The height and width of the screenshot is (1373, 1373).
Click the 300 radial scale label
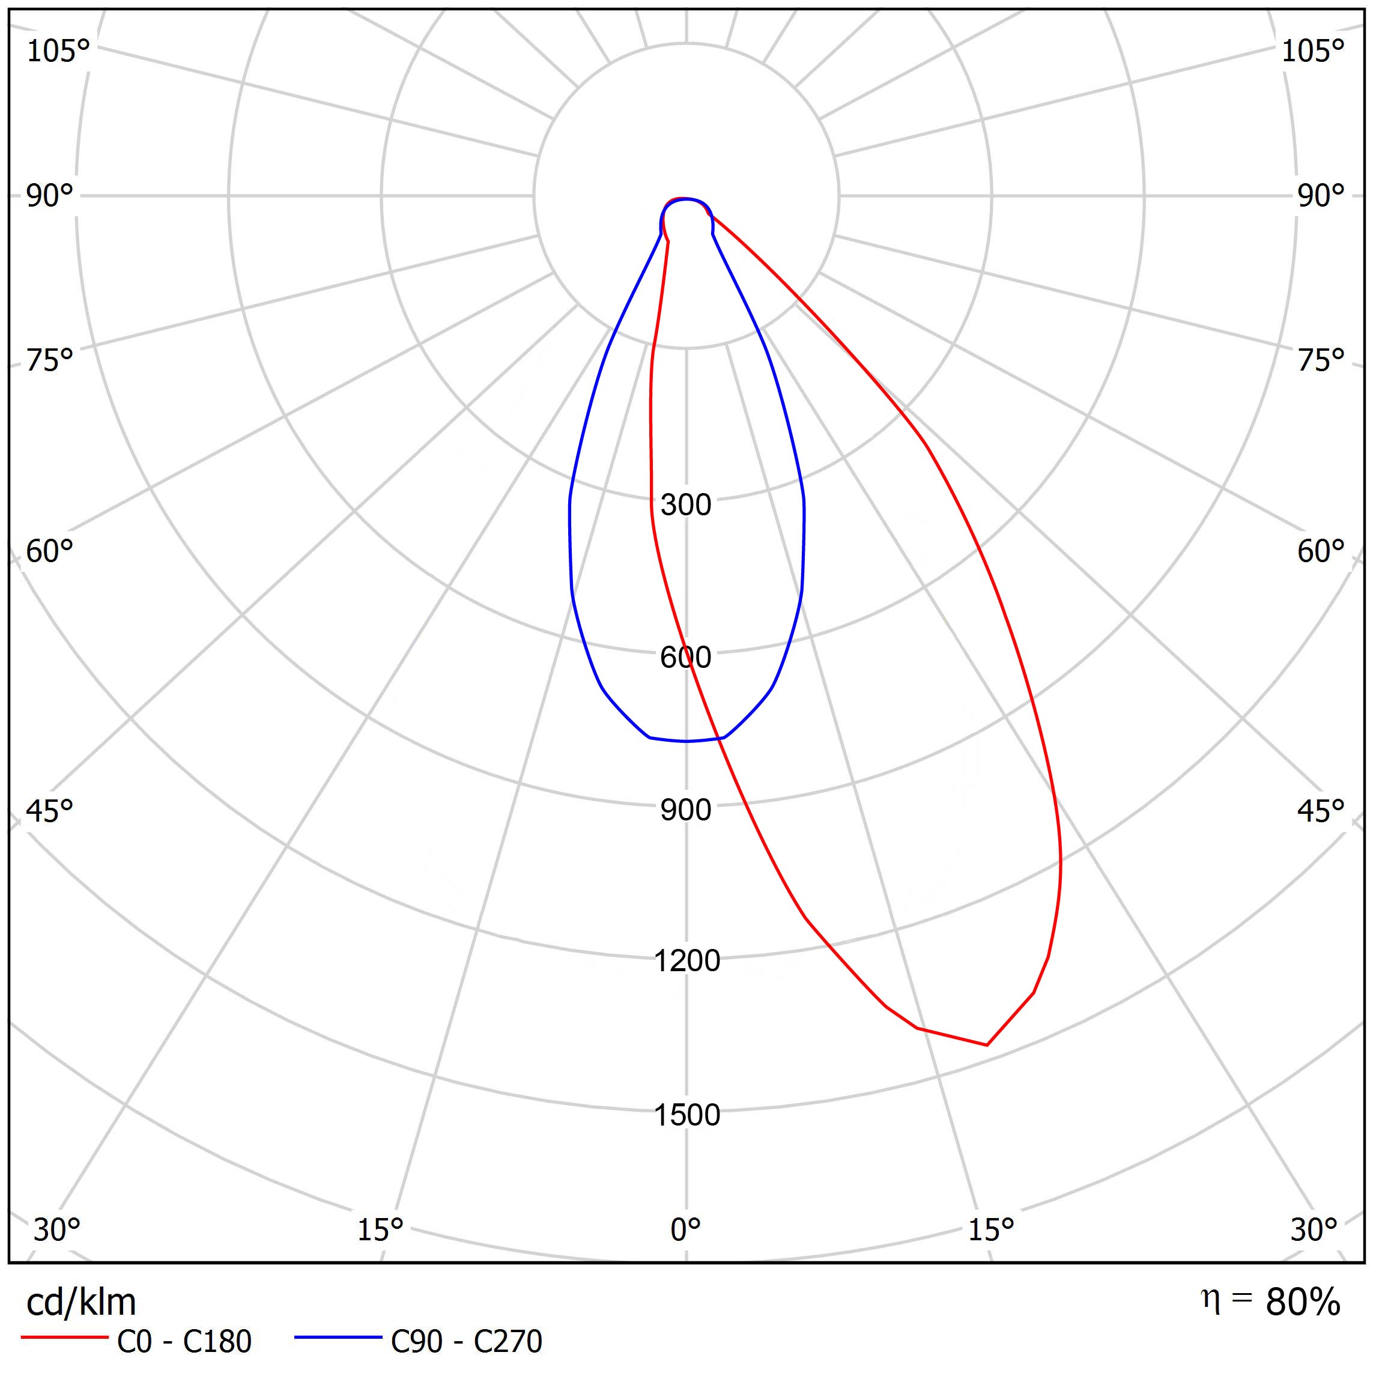685,505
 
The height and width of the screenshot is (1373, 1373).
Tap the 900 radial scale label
685,810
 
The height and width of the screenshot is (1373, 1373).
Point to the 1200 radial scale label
686,961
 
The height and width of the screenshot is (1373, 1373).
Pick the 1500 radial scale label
686,1115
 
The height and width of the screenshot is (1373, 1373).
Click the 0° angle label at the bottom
686,1229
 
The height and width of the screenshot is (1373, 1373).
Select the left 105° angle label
58,51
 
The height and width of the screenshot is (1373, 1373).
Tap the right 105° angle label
1312,51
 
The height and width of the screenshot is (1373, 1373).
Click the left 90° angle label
50,196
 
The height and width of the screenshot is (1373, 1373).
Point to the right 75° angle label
1320,360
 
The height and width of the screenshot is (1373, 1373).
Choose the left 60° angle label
50,551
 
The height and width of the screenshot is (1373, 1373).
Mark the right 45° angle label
1320,811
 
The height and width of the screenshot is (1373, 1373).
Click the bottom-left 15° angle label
380,1229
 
